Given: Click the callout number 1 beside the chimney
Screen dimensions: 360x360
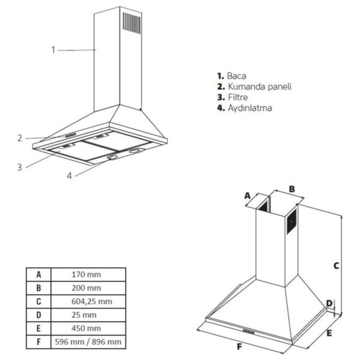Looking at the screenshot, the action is (53, 50).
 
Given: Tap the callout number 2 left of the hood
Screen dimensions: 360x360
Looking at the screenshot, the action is (20, 138).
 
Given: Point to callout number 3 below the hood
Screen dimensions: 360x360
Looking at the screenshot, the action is (20, 167).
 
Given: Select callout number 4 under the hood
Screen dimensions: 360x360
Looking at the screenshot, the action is (70, 176).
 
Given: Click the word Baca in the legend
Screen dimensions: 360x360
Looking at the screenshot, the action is (236, 76).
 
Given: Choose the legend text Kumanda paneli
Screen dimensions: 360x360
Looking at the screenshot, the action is (259, 86).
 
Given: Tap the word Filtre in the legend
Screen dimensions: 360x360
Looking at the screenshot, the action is (238, 97).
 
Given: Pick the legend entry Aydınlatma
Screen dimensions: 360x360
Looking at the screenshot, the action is (250, 108).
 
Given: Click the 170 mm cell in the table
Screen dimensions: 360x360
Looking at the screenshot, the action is (86, 274).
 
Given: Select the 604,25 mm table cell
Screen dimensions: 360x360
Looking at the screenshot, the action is (92, 301).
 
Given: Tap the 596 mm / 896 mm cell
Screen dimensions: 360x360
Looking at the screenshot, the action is (88, 342).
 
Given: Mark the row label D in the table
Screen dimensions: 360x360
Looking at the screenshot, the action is (38, 315).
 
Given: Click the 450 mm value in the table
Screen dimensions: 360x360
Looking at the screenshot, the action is (86, 328).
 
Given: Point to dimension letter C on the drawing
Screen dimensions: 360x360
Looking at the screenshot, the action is (336, 266).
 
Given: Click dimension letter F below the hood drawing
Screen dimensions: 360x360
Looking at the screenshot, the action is (239, 346).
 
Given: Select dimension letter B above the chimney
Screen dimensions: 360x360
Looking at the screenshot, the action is (292, 189).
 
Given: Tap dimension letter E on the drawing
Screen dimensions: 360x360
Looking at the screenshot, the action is (329, 333).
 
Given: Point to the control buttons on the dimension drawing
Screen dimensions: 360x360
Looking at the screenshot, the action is (248, 332).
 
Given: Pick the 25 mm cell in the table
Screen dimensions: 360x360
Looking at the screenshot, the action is (84, 315).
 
